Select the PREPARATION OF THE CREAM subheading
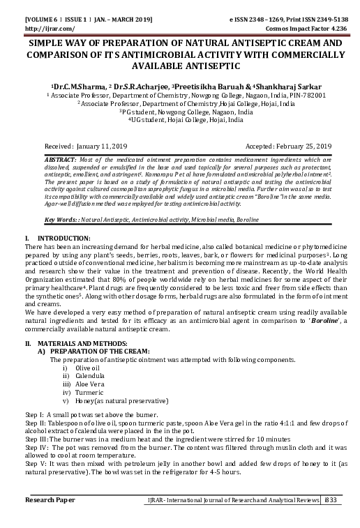tap(105, 352)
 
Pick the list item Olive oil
tap(88, 367)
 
